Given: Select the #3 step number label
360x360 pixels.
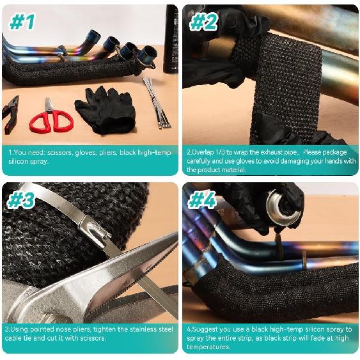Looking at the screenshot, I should point(22,200).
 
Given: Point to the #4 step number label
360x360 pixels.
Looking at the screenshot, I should point(204,200).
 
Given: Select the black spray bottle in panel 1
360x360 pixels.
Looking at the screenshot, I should point(171,38).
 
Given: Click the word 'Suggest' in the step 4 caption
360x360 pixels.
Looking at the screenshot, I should point(204,330).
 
